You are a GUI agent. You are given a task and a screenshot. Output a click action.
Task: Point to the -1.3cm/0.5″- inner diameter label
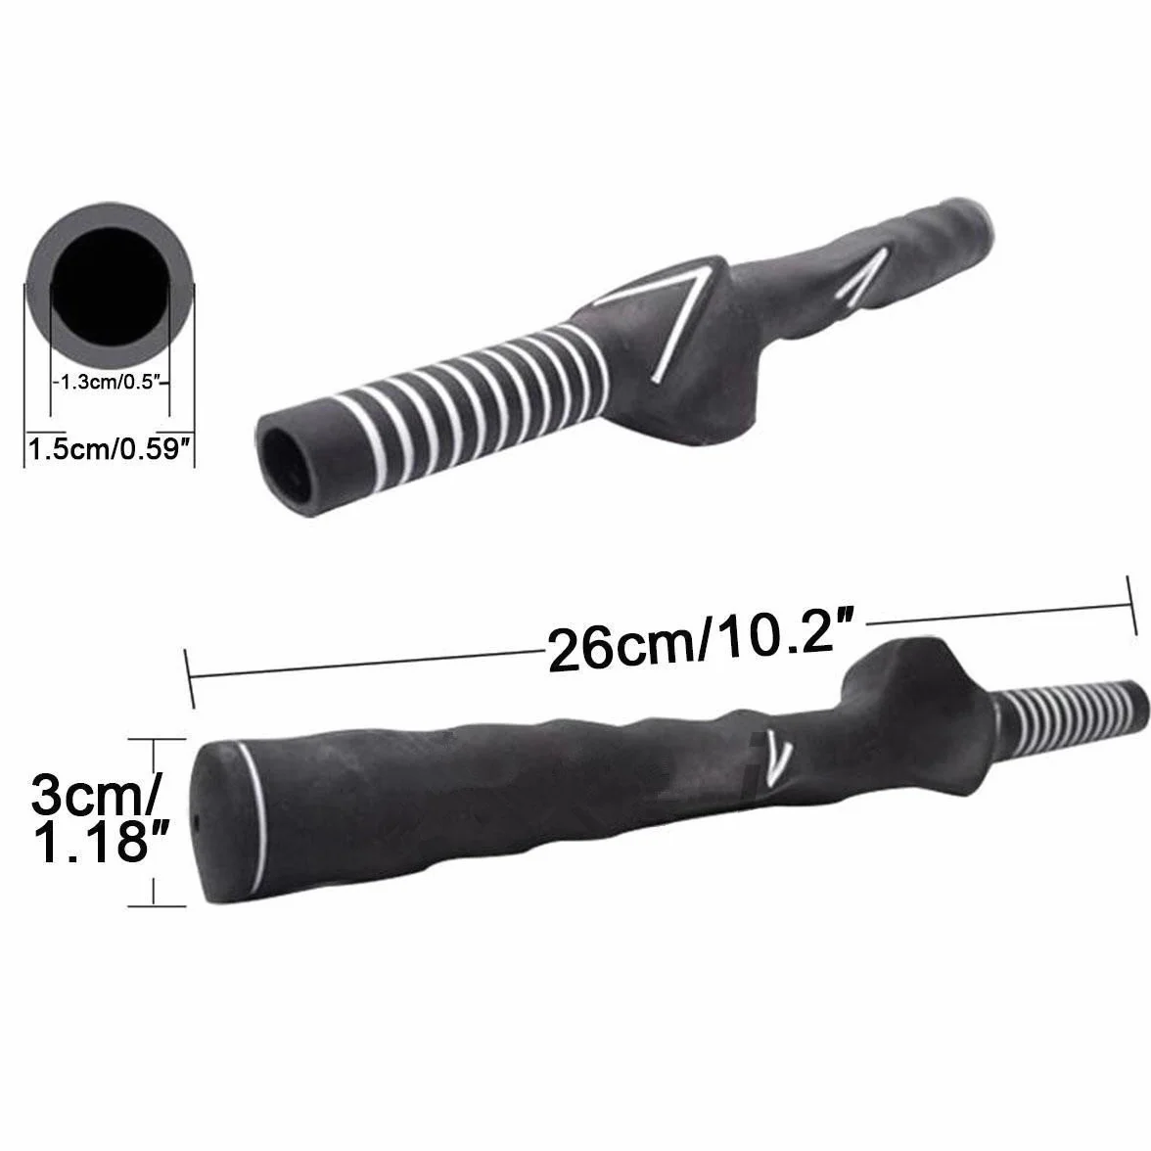point(110,382)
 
